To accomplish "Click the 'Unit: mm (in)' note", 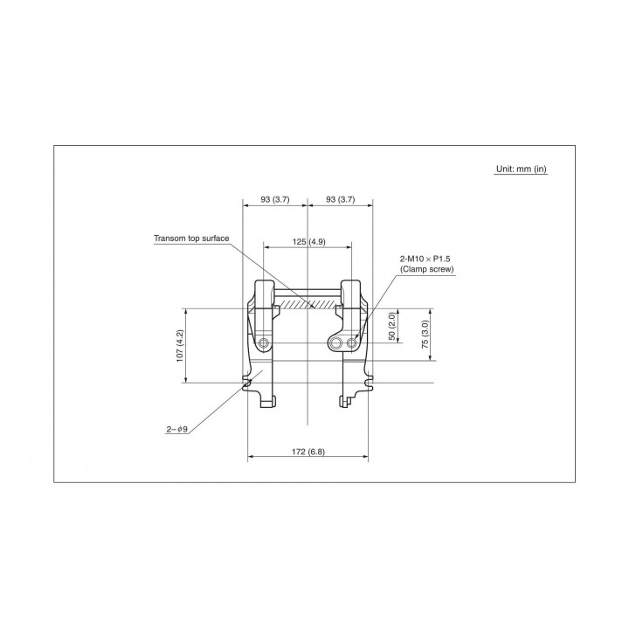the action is pyautogui.click(x=521, y=169).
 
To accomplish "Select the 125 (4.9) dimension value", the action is pyautogui.click(x=309, y=241).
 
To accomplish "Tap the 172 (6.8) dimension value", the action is pyautogui.click(x=308, y=452).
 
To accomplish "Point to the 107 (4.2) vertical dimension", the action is pyautogui.click(x=180, y=346).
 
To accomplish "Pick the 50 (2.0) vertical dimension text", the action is pyautogui.click(x=392, y=326).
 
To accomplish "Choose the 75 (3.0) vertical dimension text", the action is pyautogui.click(x=425, y=334).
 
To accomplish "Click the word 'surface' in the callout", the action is pyautogui.click(x=217, y=238).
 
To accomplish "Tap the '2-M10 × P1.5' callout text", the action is pyautogui.click(x=425, y=259).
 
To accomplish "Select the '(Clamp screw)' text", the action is pyautogui.click(x=427, y=269).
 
